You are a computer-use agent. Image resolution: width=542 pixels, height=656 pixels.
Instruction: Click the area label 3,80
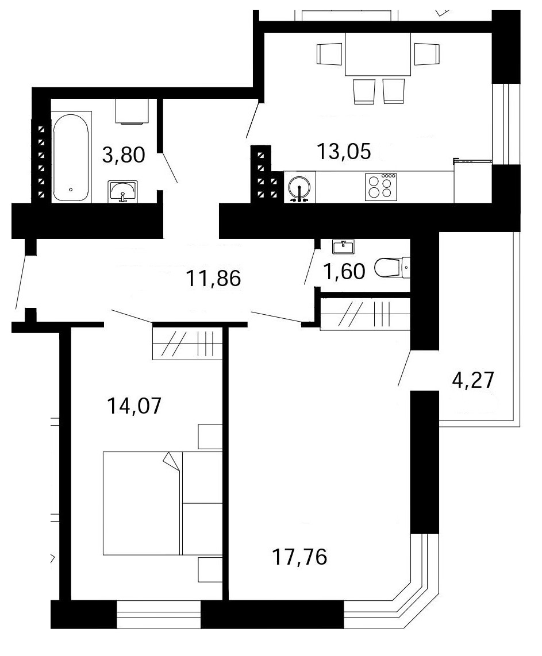(124, 155)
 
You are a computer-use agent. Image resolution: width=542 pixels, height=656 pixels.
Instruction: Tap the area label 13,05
(344, 151)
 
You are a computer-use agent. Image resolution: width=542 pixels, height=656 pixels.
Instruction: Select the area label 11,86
(213, 278)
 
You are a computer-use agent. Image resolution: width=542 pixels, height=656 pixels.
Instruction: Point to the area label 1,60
(344, 271)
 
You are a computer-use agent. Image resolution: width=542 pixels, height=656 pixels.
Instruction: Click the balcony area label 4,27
(474, 380)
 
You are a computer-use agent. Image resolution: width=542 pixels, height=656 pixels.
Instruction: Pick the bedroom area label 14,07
(134, 406)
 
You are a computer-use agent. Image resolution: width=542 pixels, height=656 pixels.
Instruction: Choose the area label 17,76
(299, 557)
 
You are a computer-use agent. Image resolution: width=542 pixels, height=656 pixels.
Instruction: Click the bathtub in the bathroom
(71, 158)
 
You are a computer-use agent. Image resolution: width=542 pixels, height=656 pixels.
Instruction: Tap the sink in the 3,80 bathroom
(122, 191)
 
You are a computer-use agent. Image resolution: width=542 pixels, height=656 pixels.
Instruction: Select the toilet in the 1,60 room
(392, 268)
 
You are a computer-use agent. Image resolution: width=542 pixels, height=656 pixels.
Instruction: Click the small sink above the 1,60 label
(343, 247)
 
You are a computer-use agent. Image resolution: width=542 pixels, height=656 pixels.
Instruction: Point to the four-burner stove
(381, 187)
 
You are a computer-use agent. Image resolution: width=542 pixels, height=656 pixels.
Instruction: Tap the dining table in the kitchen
(378, 54)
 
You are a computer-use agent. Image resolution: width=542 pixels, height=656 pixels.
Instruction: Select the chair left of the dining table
(330, 54)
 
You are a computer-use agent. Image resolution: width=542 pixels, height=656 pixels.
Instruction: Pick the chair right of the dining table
(427, 54)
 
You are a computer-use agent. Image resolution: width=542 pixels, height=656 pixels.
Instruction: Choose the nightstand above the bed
(210, 437)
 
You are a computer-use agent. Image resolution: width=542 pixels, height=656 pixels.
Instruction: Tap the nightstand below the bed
(210, 569)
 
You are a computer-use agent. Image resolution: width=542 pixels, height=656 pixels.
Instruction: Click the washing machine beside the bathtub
(132, 111)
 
